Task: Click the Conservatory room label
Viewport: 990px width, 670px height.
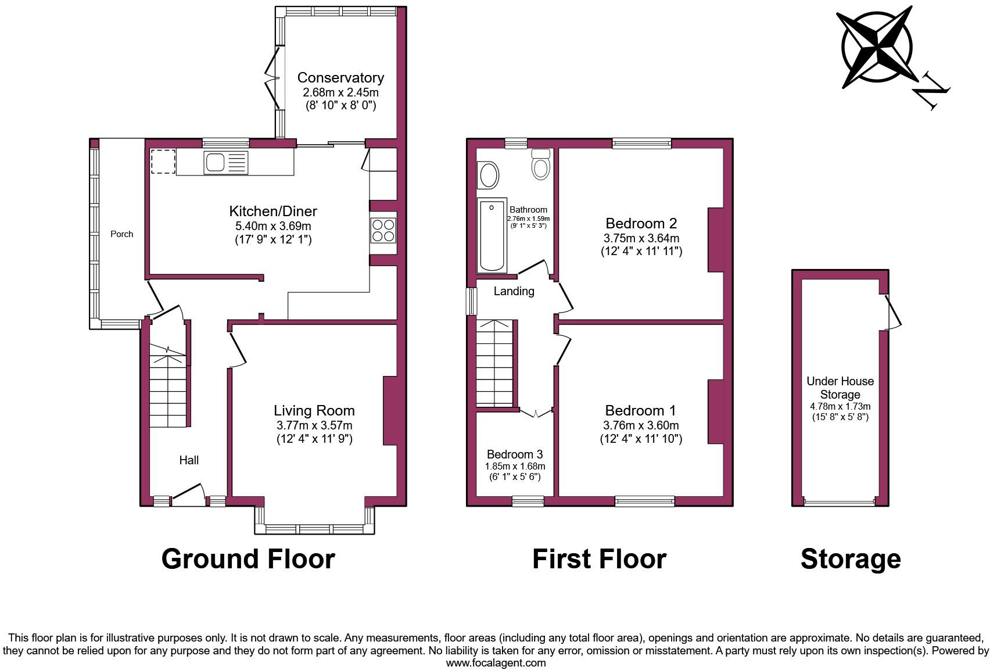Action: [x=340, y=77]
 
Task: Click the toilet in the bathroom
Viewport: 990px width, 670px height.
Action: [x=541, y=164]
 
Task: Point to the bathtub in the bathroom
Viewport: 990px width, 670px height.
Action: [x=492, y=235]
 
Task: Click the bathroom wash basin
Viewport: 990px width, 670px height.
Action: [x=488, y=175]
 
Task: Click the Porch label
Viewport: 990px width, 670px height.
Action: [x=121, y=234]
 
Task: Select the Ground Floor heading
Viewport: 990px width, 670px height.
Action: [x=247, y=558]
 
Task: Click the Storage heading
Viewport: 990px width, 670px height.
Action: [x=850, y=558]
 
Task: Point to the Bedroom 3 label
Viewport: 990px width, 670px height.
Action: [x=515, y=454]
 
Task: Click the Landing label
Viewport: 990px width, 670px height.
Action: [x=514, y=291]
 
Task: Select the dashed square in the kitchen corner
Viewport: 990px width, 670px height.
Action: [x=163, y=161]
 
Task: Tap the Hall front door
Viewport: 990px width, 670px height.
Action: [x=189, y=494]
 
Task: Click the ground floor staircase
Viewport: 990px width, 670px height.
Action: [x=168, y=386]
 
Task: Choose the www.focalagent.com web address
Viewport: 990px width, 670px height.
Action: [x=496, y=662]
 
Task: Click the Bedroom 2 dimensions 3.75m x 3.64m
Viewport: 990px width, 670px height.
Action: [x=641, y=238]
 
